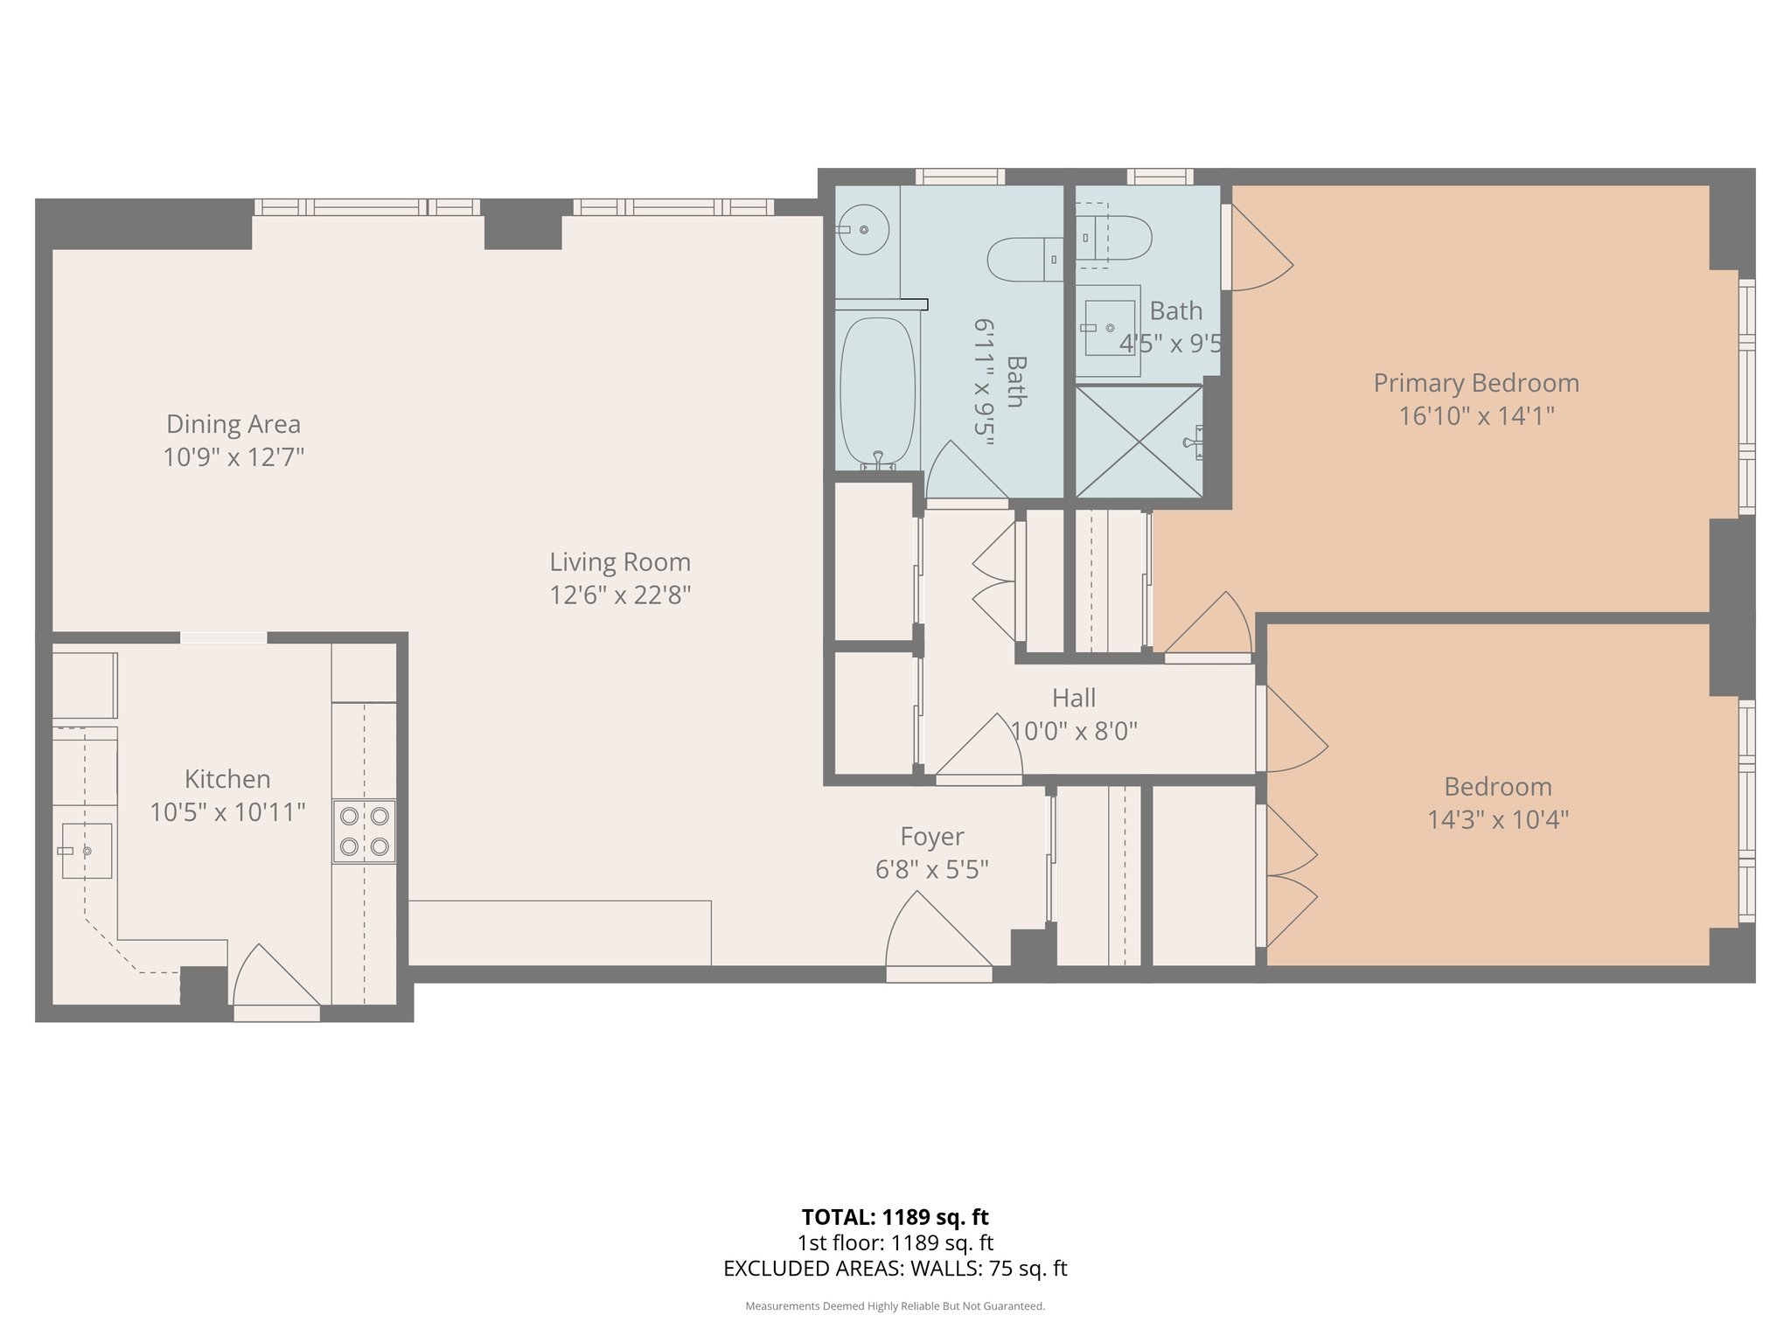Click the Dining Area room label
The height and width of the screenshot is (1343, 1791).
click(233, 424)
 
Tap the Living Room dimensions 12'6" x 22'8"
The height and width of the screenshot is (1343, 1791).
click(620, 595)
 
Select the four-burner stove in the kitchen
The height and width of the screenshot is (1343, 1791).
click(364, 832)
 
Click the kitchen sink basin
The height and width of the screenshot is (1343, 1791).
click(87, 851)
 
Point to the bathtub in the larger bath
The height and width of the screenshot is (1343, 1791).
click(877, 391)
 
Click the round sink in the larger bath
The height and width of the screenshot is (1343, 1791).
click(864, 230)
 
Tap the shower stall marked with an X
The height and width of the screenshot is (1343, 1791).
click(1139, 442)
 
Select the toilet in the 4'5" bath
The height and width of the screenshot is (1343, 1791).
click(1114, 238)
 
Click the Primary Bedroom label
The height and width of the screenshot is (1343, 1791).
click(1476, 383)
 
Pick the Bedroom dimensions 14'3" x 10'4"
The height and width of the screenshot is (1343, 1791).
click(1498, 820)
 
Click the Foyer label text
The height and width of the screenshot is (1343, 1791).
click(932, 837)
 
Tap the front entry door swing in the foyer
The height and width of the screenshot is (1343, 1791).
click(936, 936)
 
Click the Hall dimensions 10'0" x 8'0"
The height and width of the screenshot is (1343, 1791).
click(1074, 731)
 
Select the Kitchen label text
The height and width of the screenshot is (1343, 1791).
click(227, 779)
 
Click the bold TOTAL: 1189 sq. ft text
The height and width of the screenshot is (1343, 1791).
click(895, 1217)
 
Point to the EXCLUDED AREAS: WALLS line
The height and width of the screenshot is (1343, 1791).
click(895, 1269)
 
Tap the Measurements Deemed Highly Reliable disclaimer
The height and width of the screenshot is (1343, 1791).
click(895, 1306)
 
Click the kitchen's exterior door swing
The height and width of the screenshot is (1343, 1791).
click(271, 979)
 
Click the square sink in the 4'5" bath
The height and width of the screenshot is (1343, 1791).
click(1109, 328)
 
